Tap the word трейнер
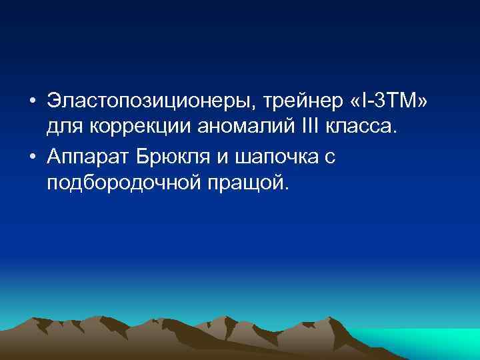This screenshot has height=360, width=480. tap(295, 101)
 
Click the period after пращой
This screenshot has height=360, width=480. tap(288, 187)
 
